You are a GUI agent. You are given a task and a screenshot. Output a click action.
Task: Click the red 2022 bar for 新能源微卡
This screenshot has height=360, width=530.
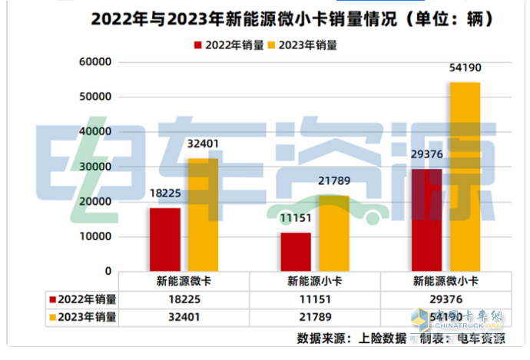[x=165, y=239]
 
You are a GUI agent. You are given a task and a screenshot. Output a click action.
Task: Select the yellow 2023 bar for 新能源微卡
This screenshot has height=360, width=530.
[x=203, y=214]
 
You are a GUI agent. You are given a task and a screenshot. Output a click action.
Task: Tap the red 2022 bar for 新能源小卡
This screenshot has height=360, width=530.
[x=296, y=251]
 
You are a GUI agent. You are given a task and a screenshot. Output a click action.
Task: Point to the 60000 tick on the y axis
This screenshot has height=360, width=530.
[x=96, y=62]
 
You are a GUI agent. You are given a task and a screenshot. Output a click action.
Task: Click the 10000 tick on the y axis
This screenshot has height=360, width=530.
[x=96, y=237]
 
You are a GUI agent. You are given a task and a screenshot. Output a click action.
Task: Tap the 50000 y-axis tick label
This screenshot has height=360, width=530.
[x=96, y=97]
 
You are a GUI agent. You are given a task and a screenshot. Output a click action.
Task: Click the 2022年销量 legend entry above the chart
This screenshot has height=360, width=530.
[x=230, y=45]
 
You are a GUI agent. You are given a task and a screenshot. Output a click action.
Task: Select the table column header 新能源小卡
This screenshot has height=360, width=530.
[x=313, y=281]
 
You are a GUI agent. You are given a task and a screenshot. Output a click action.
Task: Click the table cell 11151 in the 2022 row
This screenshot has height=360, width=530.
[x=313, y=299]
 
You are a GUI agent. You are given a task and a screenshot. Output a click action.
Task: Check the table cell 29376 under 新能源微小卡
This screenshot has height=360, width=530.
[x=444, y=299]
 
